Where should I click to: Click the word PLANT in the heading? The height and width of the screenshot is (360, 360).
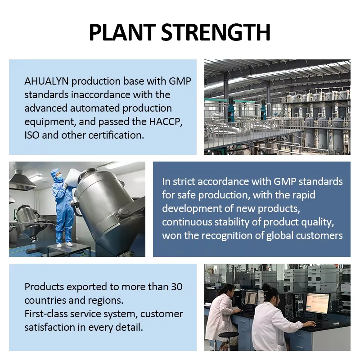point(122,32)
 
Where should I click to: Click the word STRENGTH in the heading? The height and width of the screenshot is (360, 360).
point(216,32)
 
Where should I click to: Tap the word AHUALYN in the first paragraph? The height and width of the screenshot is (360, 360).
point(46,81)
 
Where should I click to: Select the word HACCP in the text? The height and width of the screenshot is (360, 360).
point(166,121)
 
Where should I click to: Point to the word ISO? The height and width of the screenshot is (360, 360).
point(31,135)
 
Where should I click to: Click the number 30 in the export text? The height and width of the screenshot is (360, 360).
point(177,287)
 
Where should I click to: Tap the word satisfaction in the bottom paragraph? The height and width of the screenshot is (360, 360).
point(49,327)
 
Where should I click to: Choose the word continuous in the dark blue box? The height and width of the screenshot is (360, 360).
point(187,222)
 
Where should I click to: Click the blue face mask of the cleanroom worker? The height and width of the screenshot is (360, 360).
point(59,177)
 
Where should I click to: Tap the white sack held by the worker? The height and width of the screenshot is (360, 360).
point(72,175)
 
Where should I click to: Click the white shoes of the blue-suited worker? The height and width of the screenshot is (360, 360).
point(64,245)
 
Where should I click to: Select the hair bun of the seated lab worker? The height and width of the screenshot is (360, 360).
point(266,287)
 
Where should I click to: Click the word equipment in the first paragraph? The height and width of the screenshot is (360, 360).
point(50,122)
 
